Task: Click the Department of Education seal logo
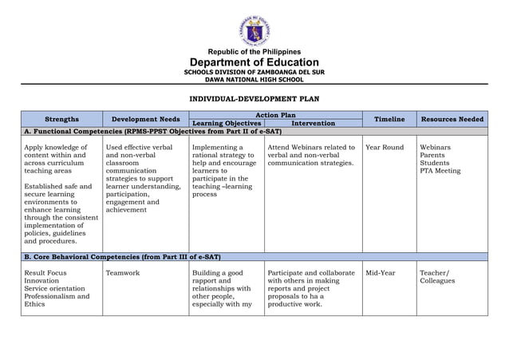(x=254, y=30)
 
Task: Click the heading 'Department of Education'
(x=254, y=63)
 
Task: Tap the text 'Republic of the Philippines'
(x=254, y=52)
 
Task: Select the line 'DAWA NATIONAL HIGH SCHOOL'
(x=254, y=80)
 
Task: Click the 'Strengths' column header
(x=61, y=119)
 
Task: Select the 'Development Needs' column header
(x=146, y=119)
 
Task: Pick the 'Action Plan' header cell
(x=275, y=115)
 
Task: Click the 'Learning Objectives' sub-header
(x=227, y=124)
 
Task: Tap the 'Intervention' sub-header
(x=313, y=124)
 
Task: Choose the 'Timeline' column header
(x=389, y=119)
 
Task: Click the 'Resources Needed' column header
(x=452, y=119)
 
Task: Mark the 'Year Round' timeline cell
(x=385, y=148)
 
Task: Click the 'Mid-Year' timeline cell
(x=381, y=273)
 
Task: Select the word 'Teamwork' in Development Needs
(x=122, y=273)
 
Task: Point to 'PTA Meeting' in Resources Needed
(x=440, y=171)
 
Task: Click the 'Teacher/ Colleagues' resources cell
(x=437, y=277)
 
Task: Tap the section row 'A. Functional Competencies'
(x=152, y=131)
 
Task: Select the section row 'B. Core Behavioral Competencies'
(x=122, y=257)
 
